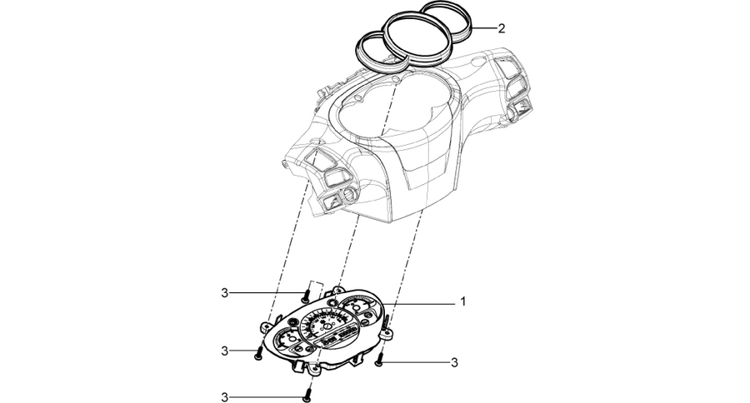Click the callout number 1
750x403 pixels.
pyautogui.click(x=462, y=301)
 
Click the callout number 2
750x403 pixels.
pyautogui.click(x=501, y=28)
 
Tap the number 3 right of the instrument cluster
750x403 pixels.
pyautogui.click(x=454, y=363)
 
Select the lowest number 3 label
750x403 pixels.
pyautogui.click(x=225, y=397)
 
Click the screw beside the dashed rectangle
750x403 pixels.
pyautogui.click(x=305, y=296)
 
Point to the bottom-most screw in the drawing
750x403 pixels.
pyautogui.click(x=307, y=395)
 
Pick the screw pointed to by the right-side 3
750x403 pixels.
pyautogui.click(x=379, y=360)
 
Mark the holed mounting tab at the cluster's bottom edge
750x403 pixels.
pyautogui.click(x=314, y=370)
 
